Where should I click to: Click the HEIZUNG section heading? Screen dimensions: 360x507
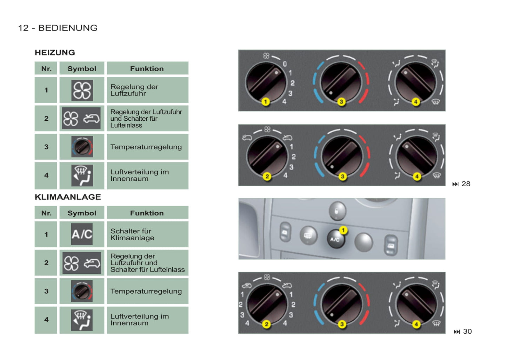pos(55,53)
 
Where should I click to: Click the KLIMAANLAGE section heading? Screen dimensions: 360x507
pos(68,197)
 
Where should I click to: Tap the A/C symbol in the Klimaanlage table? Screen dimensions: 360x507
pos(82,234)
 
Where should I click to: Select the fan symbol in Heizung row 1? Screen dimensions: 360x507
pos(82,90)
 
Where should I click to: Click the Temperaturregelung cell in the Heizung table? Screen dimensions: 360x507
pos(146,147)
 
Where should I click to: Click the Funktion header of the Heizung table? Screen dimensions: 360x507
pos(147,69)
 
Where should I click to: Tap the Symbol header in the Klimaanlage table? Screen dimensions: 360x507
pos(82,213)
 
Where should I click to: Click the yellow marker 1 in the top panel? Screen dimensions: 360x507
pos(266,102)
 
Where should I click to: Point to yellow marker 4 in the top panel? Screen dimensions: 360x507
pos(416,102)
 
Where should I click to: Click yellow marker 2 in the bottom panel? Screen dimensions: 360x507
pos(267,324)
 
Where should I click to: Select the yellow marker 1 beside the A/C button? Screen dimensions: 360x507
pos(343,230)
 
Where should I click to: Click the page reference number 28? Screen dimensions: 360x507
pos(466,184)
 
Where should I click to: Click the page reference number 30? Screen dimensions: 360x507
pos(467,332)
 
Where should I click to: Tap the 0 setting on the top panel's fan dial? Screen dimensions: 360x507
pos(285,64)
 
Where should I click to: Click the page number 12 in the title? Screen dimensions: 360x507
pos(23,28)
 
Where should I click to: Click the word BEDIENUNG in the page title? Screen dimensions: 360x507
pos(68,28)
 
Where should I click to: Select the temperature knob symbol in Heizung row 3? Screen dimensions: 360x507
pos(82,147)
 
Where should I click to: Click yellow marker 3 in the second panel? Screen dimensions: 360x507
pos(342,176)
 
